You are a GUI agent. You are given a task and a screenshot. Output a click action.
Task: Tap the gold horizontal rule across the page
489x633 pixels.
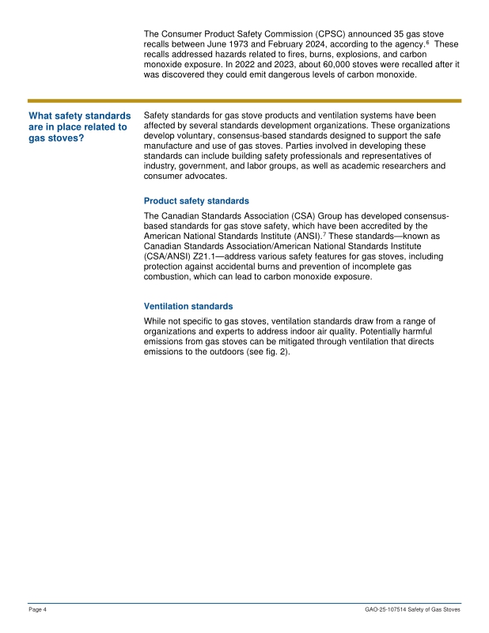coord(244,101)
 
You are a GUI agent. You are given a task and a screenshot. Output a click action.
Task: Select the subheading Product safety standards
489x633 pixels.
coord(196,201)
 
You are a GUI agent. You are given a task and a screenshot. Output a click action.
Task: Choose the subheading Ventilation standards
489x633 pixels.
coord(188,305)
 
